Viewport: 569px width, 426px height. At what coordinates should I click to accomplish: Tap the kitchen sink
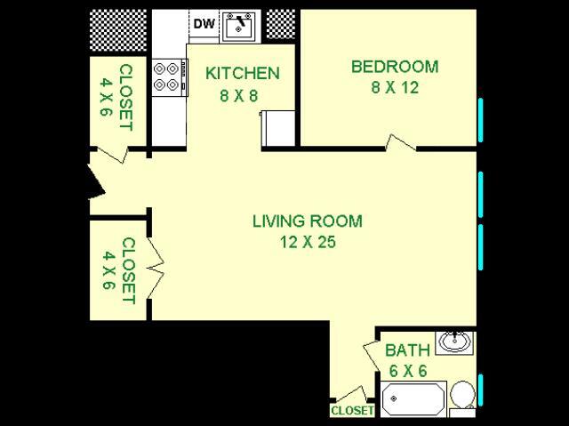[238, 28]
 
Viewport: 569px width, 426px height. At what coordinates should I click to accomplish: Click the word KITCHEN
[243, 73]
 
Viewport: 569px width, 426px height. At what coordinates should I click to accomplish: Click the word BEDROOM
[395, 67]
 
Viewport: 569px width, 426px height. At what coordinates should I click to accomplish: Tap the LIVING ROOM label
[307, 221]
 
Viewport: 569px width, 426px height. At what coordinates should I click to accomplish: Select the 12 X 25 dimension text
[307, 241]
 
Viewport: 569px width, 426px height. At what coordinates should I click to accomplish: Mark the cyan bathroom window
[480, 391]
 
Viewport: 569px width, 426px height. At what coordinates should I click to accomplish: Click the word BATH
[408, 350]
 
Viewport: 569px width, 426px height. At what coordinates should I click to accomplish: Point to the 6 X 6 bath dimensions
[408, 369]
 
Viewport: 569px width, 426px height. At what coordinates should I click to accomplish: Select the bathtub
[413, 398]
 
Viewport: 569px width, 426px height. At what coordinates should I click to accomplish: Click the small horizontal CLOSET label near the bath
[351, 411]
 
